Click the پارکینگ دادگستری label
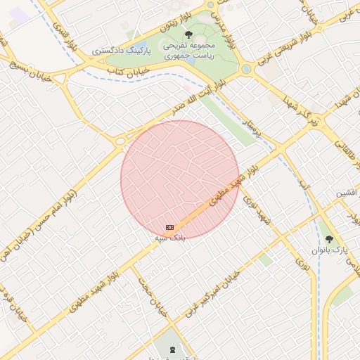point(120,51)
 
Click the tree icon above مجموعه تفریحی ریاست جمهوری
point(187,34)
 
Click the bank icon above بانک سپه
point(169,227)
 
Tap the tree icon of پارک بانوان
point(329,239)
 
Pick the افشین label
point(346,192)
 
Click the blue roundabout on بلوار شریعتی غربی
point(246,70)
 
